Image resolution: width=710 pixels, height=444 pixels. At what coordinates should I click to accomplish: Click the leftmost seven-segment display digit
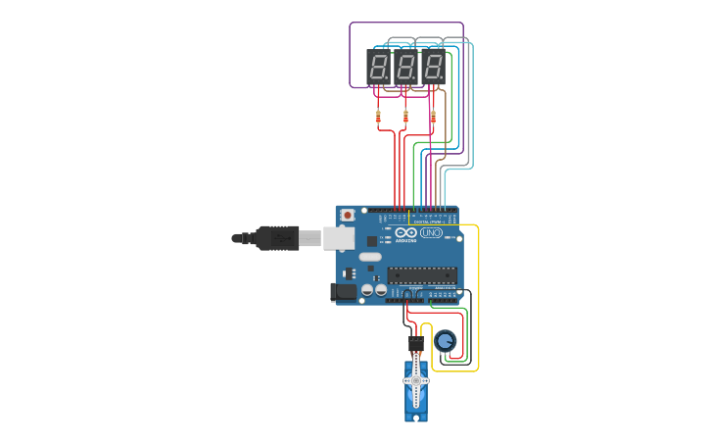pos(379,68)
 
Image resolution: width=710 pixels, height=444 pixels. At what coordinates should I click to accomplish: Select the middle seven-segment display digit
pos(406,68)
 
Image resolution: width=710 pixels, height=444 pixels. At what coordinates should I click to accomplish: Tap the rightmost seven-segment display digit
pos(433,68)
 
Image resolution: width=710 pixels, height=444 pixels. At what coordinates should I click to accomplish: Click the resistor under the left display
pos(379,118)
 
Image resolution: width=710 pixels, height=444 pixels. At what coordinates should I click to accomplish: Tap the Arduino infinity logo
pos(411,232)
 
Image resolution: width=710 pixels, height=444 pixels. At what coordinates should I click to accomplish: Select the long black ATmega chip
pos(421,274)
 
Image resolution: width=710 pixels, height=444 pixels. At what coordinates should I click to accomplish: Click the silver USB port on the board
pos(339,237)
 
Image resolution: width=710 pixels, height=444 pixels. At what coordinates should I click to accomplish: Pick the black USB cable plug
pos(277,238)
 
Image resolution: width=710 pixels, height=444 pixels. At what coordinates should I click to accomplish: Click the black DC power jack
pos(344,291)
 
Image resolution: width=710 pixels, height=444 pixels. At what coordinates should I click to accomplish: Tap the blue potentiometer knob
pos(446,341)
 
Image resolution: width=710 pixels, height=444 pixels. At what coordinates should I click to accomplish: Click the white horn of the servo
pos(416,382)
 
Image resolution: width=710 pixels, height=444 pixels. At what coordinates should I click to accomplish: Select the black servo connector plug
pos(416,344)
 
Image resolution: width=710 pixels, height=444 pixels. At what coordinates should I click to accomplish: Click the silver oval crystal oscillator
pos(370,257)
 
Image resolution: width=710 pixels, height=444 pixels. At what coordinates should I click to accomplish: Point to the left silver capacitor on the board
pos(367,290)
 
